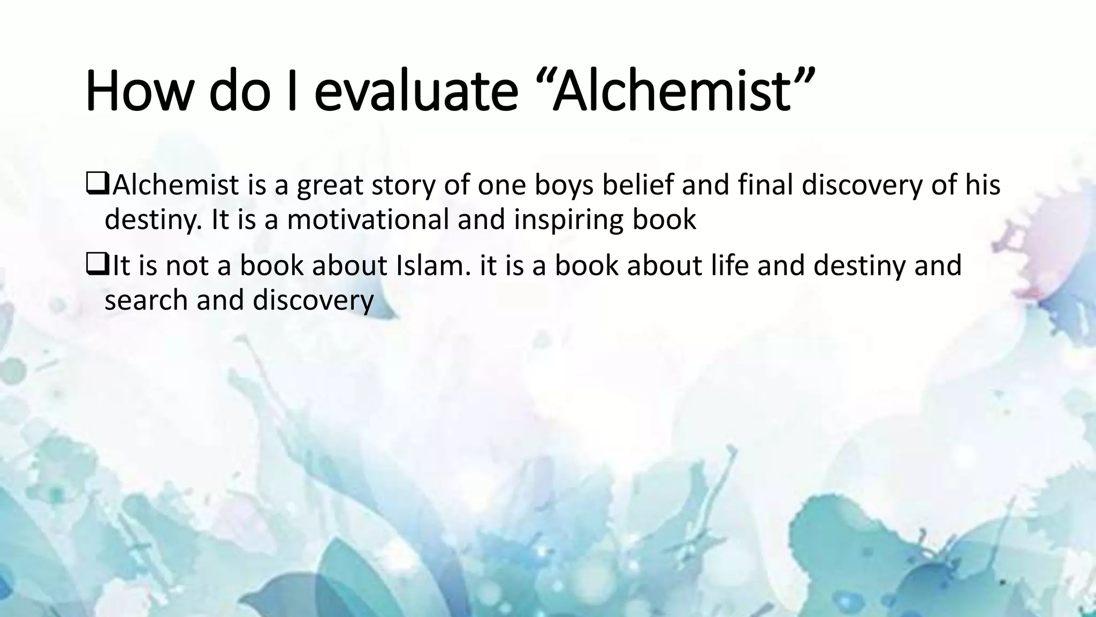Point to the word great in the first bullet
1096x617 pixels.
(x=326, y=186)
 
